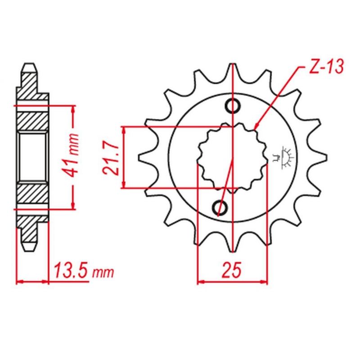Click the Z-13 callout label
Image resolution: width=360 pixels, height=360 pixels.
pyautogui.click(x=326, y=67)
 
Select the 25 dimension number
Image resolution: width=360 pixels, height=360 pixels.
pyautogui.click(x=232, y=269)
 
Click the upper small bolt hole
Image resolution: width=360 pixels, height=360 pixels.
pyautogui.click(x=233, y=106)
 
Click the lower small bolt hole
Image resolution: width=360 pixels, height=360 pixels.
pyautogui.click(x=220, y=208)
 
